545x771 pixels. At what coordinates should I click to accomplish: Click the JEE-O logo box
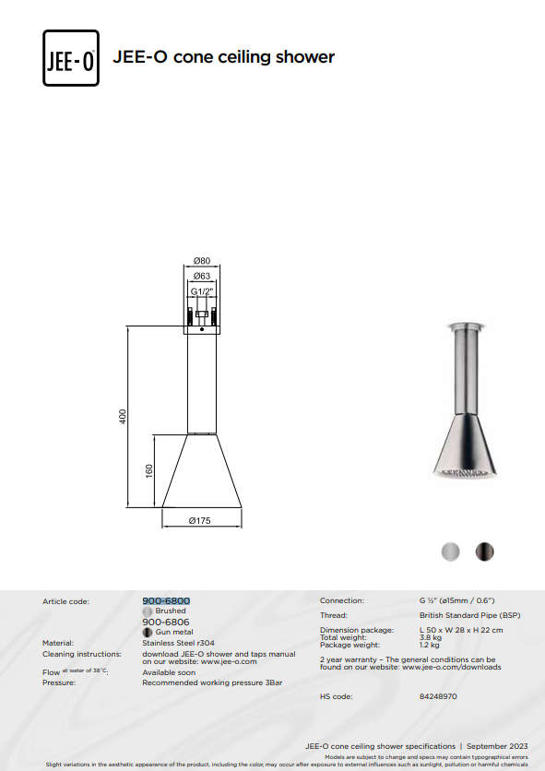[71, 58]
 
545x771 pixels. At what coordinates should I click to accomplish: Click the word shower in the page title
[305, 57]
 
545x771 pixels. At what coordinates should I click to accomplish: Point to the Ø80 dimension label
[202, 261]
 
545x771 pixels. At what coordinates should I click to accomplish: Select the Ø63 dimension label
[202, 276]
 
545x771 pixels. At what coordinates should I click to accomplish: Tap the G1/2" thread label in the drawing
[202, 291]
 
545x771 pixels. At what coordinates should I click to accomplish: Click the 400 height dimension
[123, 417]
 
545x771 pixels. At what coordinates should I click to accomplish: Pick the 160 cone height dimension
[149, 471]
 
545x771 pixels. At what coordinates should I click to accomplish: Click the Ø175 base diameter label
[200, 520]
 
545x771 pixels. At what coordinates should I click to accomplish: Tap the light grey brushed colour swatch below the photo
[451, 552]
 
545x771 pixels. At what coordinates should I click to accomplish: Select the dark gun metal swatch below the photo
[484, 552]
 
